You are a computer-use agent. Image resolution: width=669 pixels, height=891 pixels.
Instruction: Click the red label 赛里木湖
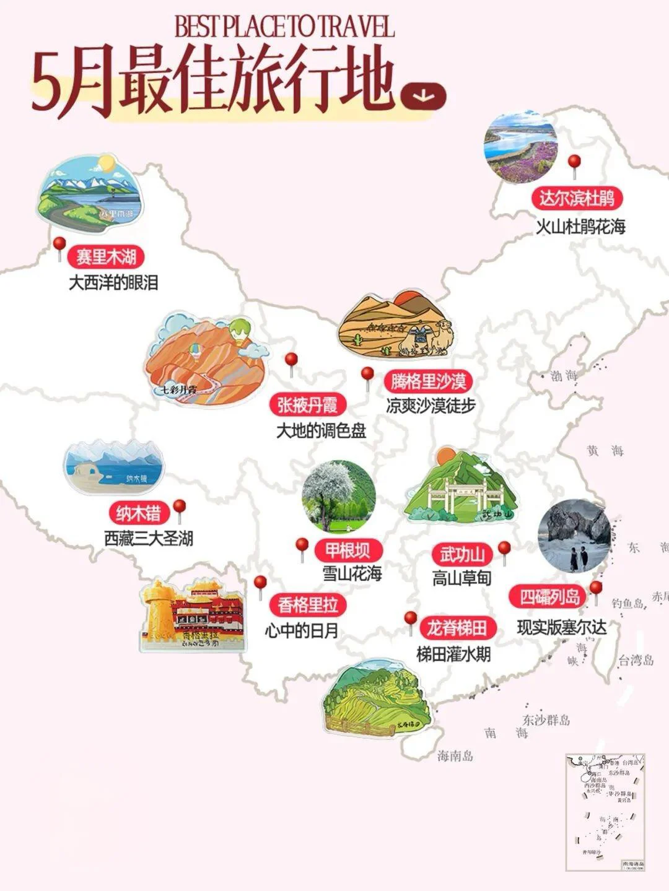(x=107, y=256)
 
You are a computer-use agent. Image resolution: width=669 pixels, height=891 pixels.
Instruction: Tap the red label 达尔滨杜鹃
(x=576, y=198)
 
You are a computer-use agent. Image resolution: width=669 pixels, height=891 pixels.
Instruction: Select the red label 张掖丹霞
(x=307, y=405)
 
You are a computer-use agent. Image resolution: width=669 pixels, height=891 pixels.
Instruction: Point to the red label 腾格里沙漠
(x=428, y=381)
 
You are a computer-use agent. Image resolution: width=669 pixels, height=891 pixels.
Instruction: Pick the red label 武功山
(x=462, y=554)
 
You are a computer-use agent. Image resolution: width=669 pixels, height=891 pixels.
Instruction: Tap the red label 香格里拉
(x=308, y=605)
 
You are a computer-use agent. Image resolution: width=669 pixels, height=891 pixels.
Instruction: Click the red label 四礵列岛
(x=550, y=597)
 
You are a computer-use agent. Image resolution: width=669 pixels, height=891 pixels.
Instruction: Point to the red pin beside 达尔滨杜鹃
(x=574, y=162)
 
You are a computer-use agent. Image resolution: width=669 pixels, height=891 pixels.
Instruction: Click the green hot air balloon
(x=238, y=329)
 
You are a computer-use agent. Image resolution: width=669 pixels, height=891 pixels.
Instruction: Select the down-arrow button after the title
(x=423, y=95)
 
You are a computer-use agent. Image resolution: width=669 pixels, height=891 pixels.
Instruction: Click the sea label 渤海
(x=563, y=375)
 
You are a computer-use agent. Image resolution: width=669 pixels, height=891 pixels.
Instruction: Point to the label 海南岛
(x=455, y=755)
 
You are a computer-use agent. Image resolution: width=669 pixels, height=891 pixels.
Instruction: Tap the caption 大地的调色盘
(x=321, y=430)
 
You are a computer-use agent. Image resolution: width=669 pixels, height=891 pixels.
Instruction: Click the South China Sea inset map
(x=605, y=812)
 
